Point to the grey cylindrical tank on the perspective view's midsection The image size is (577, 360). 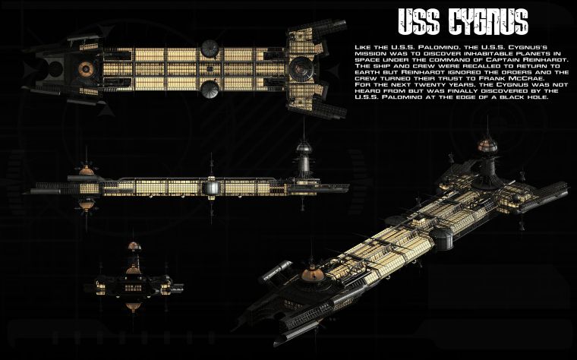tap(278, 267)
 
